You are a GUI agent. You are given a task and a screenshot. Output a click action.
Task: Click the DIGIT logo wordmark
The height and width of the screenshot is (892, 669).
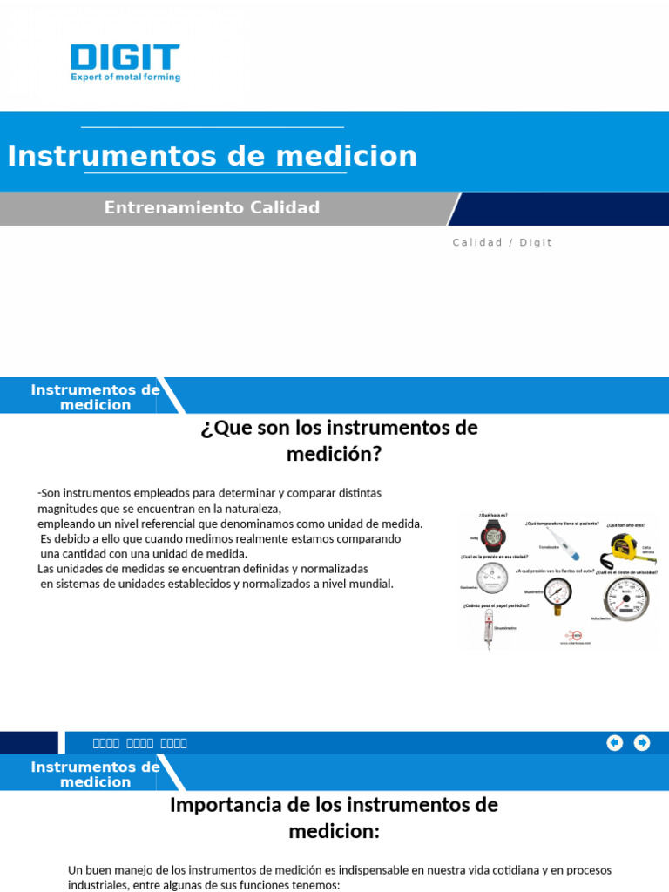coord(125,57)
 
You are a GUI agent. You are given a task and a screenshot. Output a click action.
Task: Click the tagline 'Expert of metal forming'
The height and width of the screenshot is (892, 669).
coord(125,78)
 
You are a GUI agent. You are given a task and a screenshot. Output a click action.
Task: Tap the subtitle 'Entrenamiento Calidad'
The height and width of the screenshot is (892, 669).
coord(212,208)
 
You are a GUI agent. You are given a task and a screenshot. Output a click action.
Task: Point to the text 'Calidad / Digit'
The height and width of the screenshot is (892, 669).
coord(502,243)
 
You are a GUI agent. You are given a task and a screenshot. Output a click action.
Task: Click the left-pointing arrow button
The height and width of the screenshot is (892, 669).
coord(615,743)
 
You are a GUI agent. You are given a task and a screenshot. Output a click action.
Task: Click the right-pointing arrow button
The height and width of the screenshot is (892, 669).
coord(642,743)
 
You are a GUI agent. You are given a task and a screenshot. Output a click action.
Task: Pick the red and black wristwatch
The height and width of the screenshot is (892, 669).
coord(494,537)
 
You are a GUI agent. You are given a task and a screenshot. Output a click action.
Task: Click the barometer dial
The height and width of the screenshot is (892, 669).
coord(492,578)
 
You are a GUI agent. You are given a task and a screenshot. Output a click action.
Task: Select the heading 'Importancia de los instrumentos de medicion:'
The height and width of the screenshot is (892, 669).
coord(334,818)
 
